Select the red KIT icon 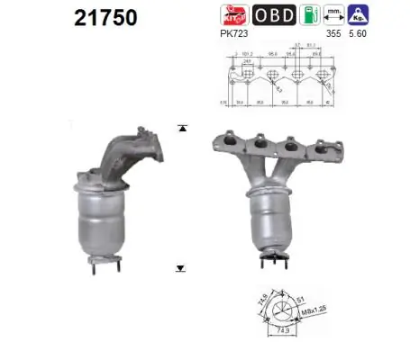[x=233, y=15]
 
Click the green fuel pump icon [x=308, y=15]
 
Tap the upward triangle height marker [x=183, y=129]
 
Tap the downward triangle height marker [x=181, y=268]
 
